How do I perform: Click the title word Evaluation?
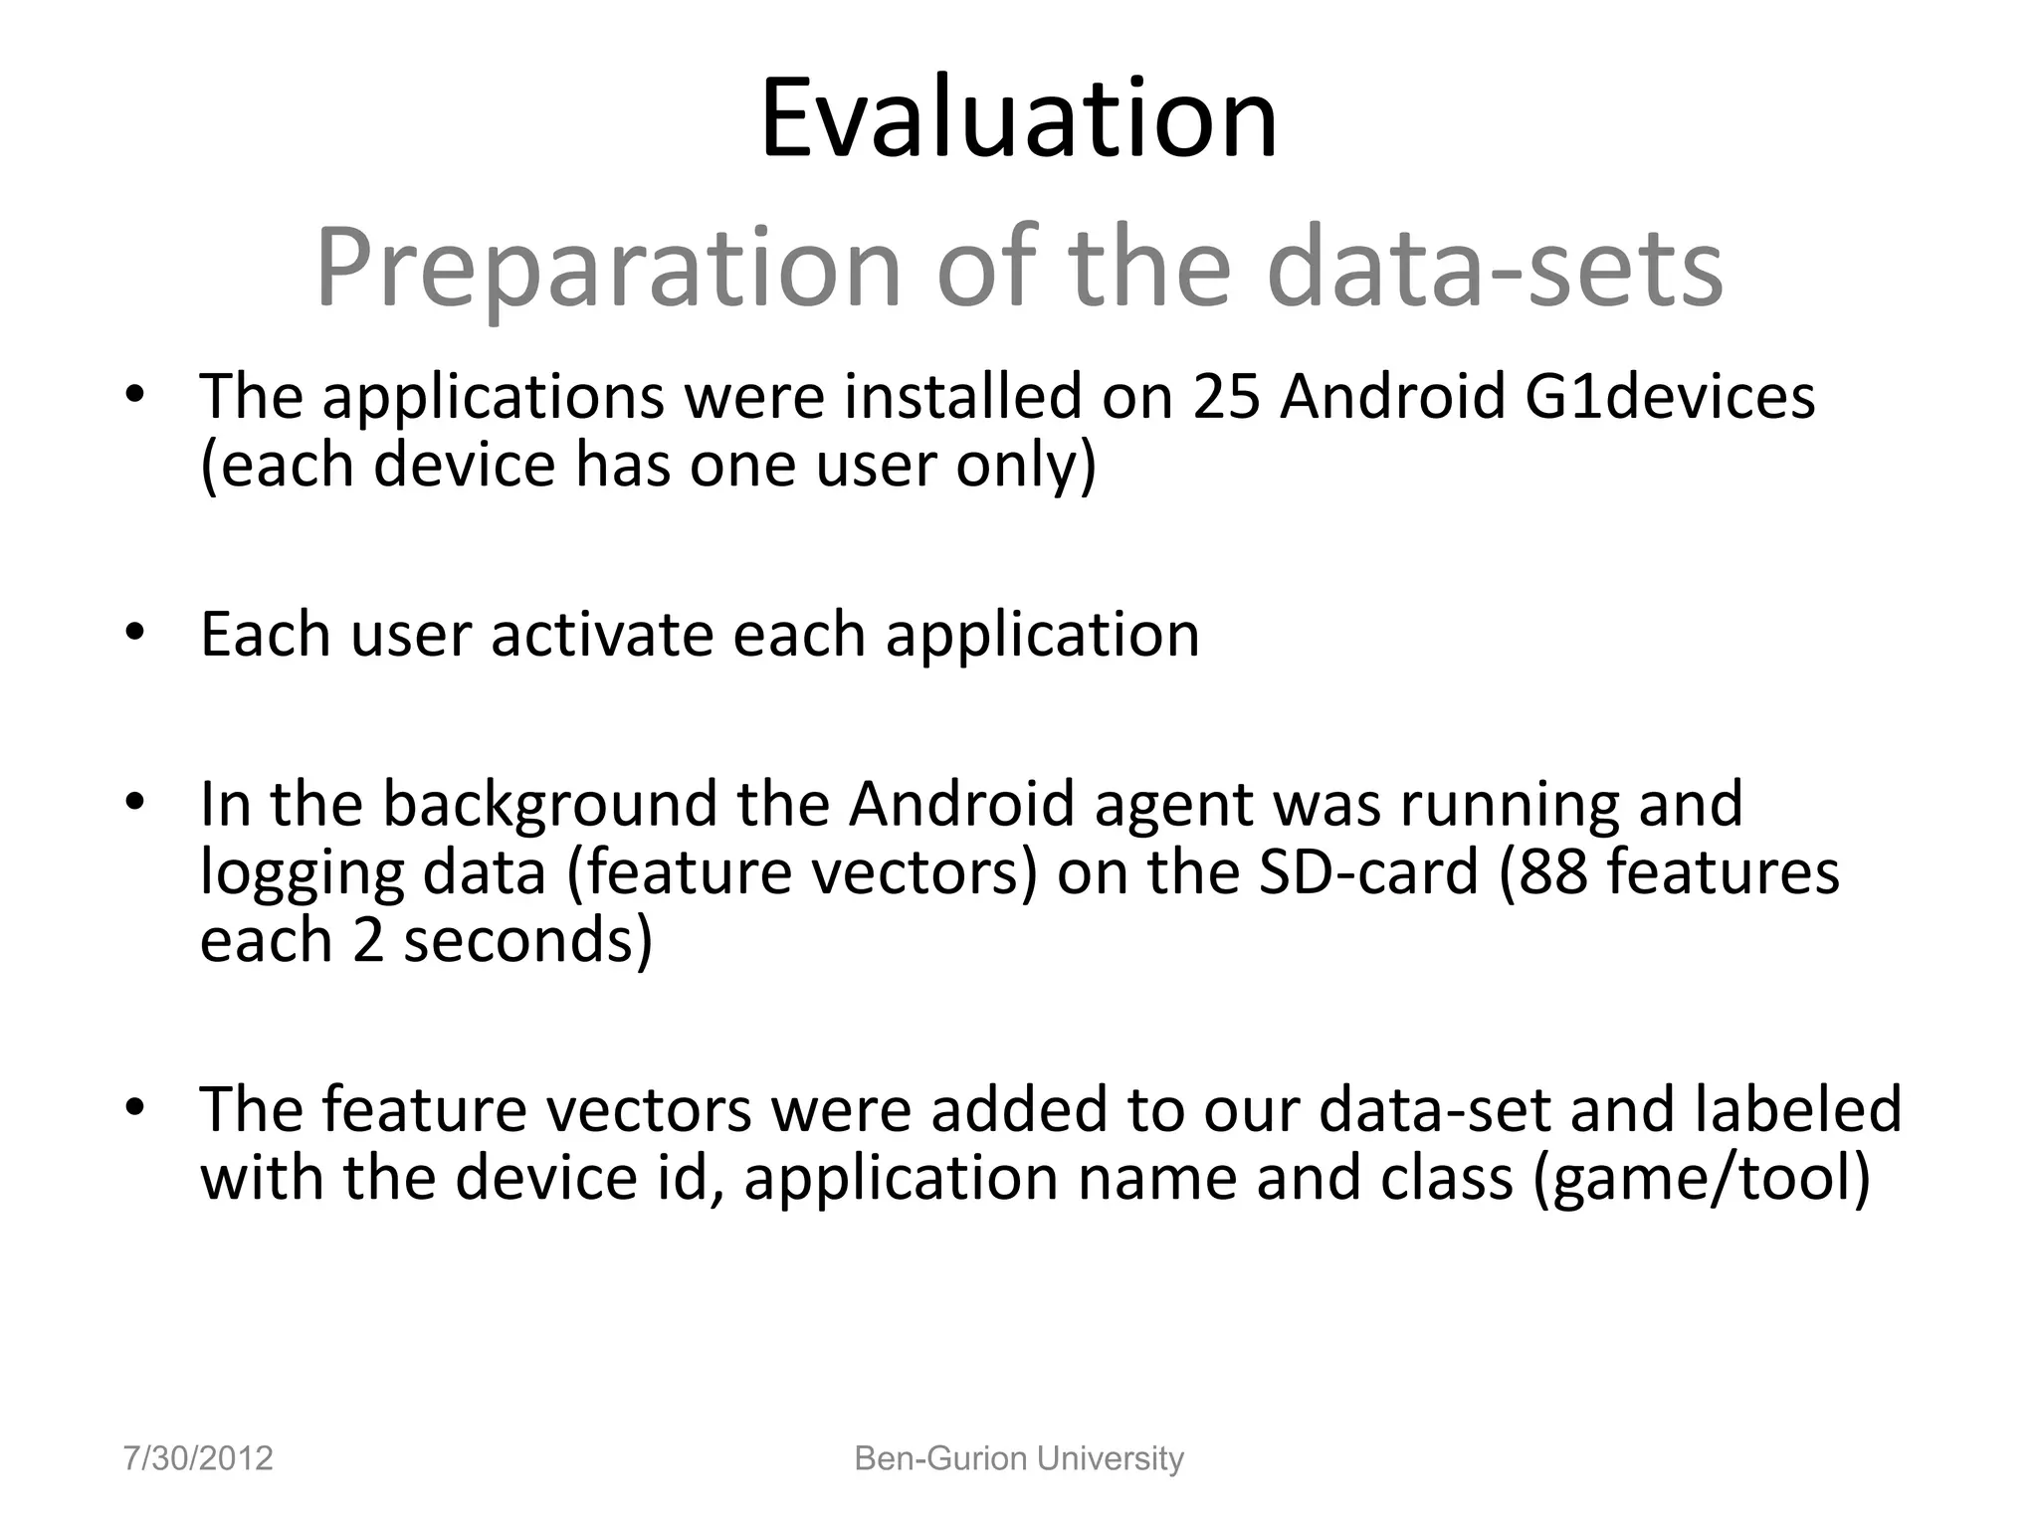[1018, 119]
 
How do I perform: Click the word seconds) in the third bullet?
[526, 940]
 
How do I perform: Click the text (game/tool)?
[1702, 1179]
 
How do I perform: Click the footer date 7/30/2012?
[198, 1458]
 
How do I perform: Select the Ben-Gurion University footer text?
[1019, 1458]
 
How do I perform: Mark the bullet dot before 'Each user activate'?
[135, 633]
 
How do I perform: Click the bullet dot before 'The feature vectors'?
[135, 1107]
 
